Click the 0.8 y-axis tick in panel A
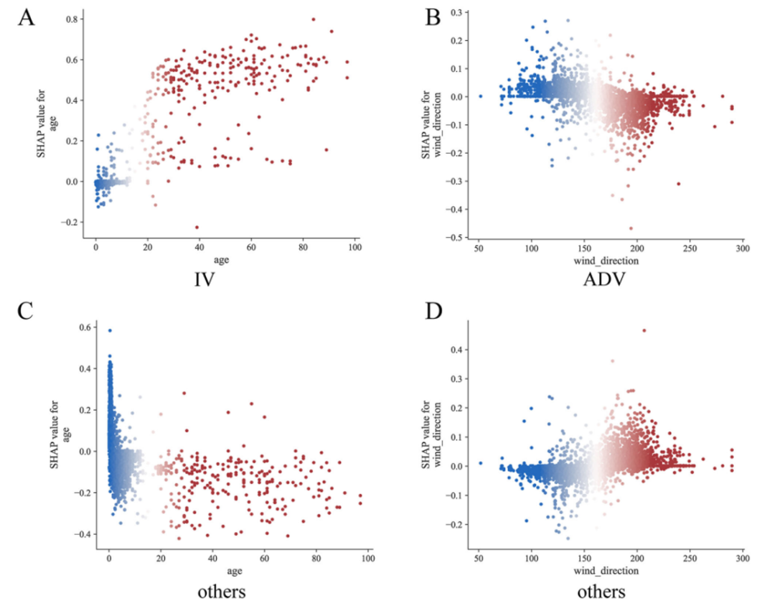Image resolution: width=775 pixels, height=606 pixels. [x=72, y=20]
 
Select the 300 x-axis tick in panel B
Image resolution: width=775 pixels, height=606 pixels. [x=742, y=248]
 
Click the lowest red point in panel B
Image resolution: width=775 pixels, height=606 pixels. [x=631, y=228]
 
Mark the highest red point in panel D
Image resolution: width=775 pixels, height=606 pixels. [x=644, y=330]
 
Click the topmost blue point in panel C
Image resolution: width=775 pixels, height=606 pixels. [x=110, y=331]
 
